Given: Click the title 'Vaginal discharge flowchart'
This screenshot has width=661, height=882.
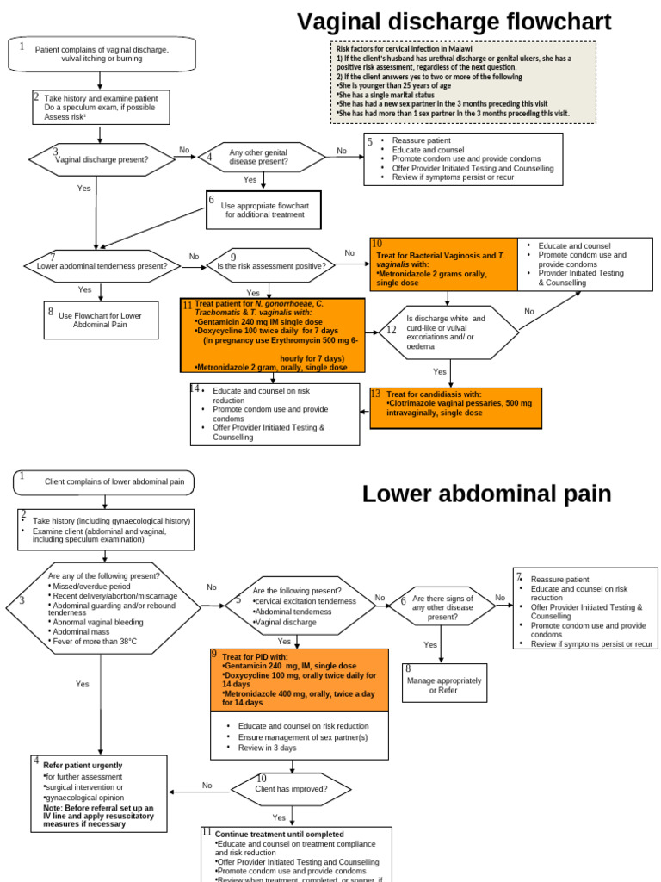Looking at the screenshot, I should pyautogui.click(x=454, y=22).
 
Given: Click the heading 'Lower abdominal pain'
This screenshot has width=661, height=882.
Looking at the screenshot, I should pyautogui.click(x=486, y=494).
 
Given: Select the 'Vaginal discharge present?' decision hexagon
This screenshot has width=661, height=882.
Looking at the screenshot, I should pyautogui.click(x=102, y=159).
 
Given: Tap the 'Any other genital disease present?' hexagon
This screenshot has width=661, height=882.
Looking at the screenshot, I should pyautogui.click(x=264, y=158).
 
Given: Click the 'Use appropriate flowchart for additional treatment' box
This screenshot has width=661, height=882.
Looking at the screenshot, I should pyautogui.click(x=264, y=210).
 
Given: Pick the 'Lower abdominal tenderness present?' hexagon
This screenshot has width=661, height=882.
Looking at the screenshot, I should pyautogui.click(x=102, y=266).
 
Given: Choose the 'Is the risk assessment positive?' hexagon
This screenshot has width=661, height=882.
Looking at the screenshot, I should pyautogui.click(x=270, y=266).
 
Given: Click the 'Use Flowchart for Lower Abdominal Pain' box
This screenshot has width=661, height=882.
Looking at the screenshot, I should pyautogui.click(x=101, y=320).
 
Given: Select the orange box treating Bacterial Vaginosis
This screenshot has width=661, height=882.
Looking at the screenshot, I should pyautogui.click(x=443, y=263).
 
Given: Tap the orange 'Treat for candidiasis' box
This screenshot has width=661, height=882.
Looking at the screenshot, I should pyautogui.click(x=455, y=407).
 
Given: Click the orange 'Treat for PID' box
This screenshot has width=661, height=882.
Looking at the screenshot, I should pyautogui.click(x=293, y=680).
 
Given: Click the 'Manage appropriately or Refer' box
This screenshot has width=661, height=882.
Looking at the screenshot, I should pyautogui.click(x=444, y=684).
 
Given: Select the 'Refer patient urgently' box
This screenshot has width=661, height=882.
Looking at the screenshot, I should pyautogui.click(x=100, y=794).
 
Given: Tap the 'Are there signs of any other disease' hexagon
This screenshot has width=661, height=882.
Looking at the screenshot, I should pyautogui.click(x=442, y=607).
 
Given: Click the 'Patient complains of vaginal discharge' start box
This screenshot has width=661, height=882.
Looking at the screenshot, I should pyautogui.click(x=101, y=54).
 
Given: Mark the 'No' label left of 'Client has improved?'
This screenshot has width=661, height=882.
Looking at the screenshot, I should pyautogui.click(x=207, y=786).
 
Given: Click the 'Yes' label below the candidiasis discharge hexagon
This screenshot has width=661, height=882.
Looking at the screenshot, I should pyautogui.click(x=440, y=371).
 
